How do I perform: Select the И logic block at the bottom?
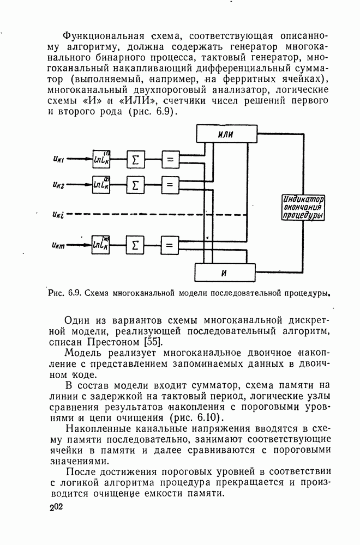click(x=224, y=271)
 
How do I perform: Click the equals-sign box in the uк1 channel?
click(x=170, y=159)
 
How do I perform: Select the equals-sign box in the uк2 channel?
click(x=170, y=185)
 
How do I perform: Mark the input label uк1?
click(x=59, y=160)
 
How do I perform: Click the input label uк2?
click(x=59, y=185)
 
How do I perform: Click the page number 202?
click(x=55, y=508)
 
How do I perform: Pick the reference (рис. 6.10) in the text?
click(x=190, y=417)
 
